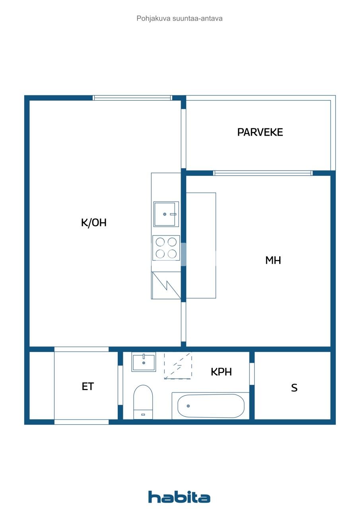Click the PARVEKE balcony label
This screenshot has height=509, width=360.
[x=260, y=132]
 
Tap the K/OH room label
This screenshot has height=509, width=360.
[x=94, y=223]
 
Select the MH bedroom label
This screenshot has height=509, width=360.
[x=273, y=260]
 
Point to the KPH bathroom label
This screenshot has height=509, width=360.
[x=221, y=372]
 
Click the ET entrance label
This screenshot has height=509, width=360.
[x=88, y=386]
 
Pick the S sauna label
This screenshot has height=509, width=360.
[x=294, y=388]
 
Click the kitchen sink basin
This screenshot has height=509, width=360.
[x=166, y=214]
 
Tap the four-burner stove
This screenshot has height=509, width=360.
[x=166, y=248]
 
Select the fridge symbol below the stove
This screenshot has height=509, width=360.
[x=166, y=285]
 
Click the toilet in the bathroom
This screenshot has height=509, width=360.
[x=143, y=401]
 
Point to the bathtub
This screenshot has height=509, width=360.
[x=210, y=406]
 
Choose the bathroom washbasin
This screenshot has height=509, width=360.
[x=143, y=363]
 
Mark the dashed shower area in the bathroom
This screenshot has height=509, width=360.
[x=178, y=365]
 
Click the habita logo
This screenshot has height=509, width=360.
[x=179, y=497]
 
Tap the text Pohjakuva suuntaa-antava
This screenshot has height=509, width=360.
[x=179, y=18]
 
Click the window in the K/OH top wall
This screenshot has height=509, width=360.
[x=132, y=98]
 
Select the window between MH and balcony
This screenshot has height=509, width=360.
[x=263, y=173]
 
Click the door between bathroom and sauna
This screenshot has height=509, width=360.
[x=252, y=374]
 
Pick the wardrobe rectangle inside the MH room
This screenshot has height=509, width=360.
[x=201, y=245]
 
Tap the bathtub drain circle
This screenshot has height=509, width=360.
[x=188, y=406]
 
